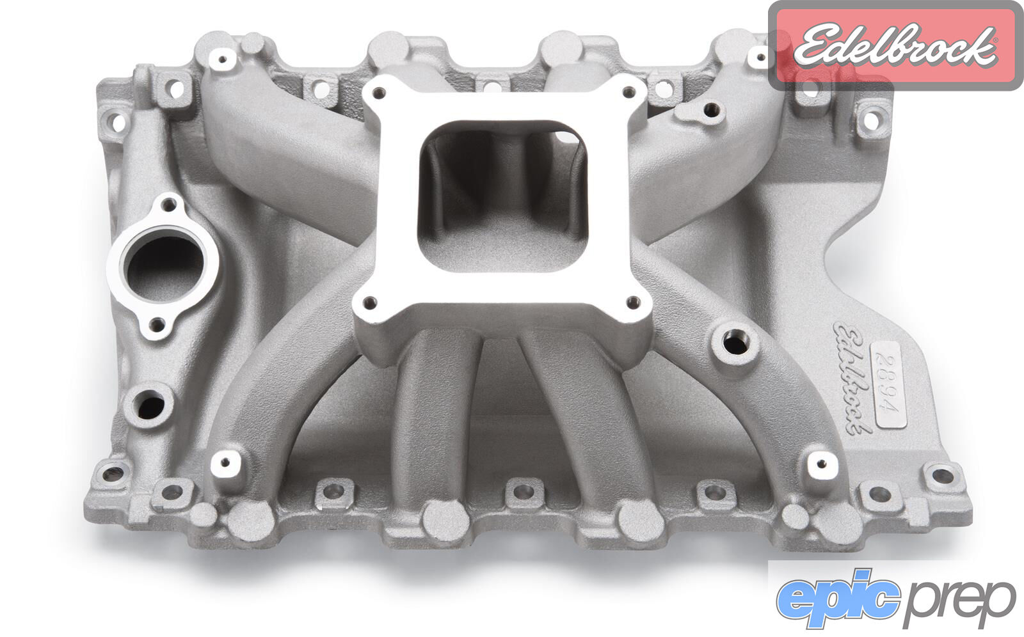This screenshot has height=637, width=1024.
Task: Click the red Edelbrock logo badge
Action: [x=895, y=45]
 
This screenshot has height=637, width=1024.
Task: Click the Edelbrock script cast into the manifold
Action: [x=850, y=377]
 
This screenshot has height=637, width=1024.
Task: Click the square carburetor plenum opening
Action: [x=502, y=196]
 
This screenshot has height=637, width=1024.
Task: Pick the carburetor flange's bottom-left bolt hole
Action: [x=370, y=302]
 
